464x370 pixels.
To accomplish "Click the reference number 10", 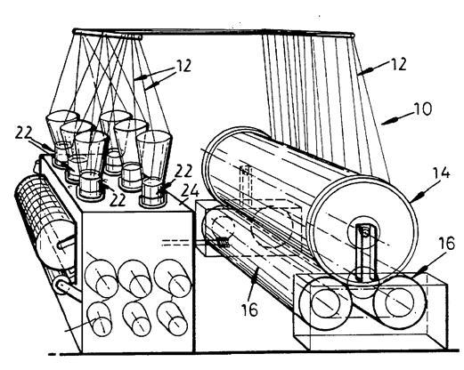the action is [423, 109].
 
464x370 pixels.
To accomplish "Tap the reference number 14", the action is [440, 173].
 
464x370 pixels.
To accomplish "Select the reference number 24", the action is [190, 191].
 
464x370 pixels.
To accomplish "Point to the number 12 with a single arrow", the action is [398, 64].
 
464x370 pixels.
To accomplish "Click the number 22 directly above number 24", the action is [183, 171].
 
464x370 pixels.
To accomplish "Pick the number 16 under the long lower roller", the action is [249, 310].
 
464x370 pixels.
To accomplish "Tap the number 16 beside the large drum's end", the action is [446, 243].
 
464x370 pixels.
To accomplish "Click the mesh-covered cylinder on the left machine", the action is [45, 222].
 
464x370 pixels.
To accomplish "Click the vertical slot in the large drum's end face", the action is [365, 251].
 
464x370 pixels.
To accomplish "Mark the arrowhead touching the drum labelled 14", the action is [419, 196].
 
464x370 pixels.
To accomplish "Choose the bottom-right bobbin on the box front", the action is [173, 319].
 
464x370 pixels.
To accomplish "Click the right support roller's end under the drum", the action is [399, 302].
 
